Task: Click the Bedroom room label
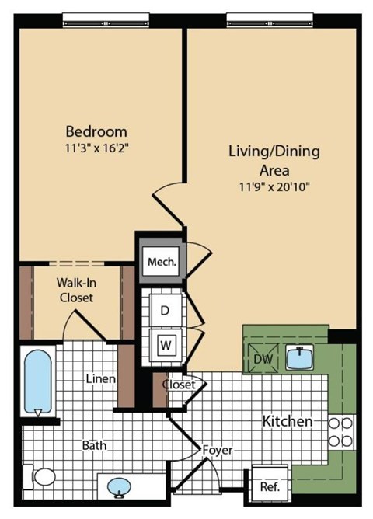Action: (x=96, y=131)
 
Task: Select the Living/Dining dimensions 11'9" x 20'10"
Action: (x=274, y=186)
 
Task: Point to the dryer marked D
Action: (x=164, y=309)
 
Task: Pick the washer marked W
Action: (x=164, y=343)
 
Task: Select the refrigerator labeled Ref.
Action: (x=270, y=487)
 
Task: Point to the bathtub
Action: (x=37, y=383)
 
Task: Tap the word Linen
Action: (x=101, y=379)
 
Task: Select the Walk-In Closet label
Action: (x=75, y=290)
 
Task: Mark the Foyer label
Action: (x=217, y=450)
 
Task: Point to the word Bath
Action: (x=94, y=446)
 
